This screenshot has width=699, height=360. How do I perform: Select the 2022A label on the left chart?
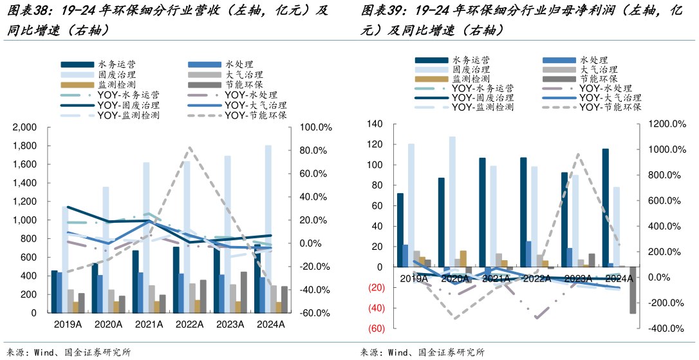[189, 325]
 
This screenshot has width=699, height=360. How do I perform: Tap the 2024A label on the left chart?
[270, 325]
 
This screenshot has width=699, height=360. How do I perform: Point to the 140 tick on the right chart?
[375, 124]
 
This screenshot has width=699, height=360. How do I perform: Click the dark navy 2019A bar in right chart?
[400, 230]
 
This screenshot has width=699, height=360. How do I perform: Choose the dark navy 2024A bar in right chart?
[605, 207]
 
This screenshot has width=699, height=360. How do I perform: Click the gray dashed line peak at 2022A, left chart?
[189, 148]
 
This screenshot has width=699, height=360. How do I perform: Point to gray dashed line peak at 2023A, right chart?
[578, 155]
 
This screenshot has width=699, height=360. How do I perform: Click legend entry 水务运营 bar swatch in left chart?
[76, 64]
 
